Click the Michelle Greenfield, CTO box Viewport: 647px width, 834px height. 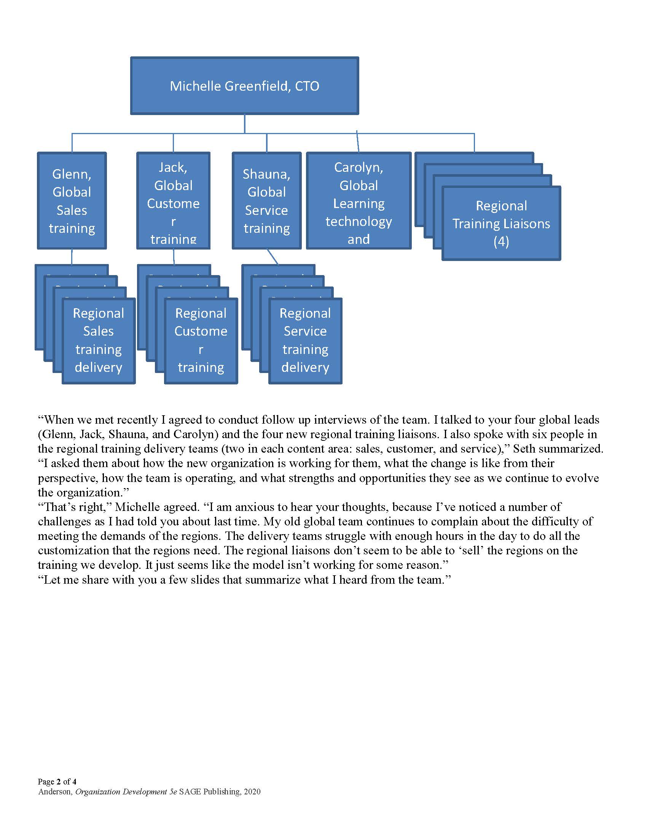click(244, 86)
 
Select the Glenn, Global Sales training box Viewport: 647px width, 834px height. click(72, 201)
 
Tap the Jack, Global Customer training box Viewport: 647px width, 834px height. click(173, 201)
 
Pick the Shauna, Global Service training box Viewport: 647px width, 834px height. click(266, 201)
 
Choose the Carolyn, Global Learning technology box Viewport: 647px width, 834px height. click(359, 201)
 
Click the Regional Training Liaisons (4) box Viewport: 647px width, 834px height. click(501, 223)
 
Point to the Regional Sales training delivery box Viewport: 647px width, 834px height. click(99, 340)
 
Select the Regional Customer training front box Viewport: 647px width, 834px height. click(201, 340)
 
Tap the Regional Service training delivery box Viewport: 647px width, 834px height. click(305, 340)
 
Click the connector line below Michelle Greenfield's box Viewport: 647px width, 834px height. click(245, 124)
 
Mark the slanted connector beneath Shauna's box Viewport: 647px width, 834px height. click(273, 257)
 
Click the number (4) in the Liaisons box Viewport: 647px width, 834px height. click(501, 241)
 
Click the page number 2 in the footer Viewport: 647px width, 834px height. click(59, 782)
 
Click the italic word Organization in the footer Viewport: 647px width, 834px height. click(97, 792)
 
